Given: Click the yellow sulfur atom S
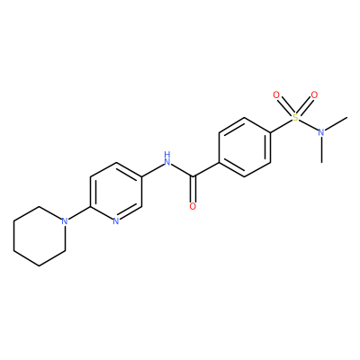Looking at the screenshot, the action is [296, 118].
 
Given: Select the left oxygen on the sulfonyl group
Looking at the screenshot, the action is [276, 95].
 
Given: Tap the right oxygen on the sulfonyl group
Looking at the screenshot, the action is [314, 95].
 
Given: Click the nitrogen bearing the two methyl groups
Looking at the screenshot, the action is [321, 132].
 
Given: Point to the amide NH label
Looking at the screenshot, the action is [167, 159].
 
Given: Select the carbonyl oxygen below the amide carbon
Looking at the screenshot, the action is [193, 206].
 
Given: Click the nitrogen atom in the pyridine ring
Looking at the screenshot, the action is [116, 221].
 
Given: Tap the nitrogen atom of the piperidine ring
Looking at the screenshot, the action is [64, 221].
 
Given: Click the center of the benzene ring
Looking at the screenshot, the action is [245, 148].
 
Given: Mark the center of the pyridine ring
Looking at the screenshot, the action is [116, 192].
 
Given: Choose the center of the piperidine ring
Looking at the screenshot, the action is [40, 236].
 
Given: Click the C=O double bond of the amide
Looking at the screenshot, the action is [193, 189].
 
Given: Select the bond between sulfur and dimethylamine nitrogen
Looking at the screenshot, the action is [309, 125].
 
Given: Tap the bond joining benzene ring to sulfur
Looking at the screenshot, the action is [282, 126].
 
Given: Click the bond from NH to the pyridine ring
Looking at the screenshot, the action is [152, 170].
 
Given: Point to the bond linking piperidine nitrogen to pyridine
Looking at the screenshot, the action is [79, 213].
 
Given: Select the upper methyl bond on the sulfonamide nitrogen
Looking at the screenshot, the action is [336, 124].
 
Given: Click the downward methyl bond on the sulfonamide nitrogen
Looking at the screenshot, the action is [321, 149].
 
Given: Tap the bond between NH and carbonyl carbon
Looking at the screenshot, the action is [182, 170].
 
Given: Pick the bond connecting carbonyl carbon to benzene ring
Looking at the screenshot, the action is [206, 170].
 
